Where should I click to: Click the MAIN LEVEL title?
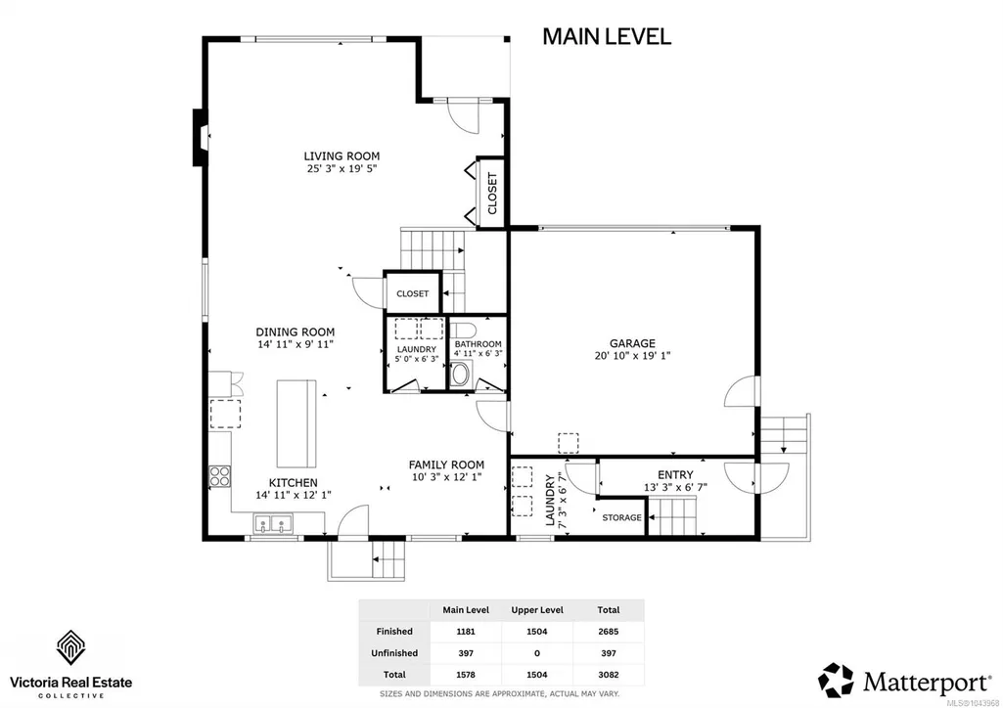607,36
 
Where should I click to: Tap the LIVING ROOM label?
342,155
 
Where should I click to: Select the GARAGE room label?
632,343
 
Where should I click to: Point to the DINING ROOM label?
295,332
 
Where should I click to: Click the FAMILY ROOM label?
446,465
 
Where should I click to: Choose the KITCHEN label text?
293,482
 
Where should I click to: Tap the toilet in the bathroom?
462,330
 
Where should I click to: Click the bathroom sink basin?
459,375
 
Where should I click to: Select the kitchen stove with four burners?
219,476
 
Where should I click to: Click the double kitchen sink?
273,524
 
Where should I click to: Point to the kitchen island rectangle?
296,423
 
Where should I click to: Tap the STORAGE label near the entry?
621,517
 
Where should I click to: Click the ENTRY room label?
675,474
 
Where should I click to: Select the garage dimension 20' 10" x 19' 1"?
632,356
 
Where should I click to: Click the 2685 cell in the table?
609,632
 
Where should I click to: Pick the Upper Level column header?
537,610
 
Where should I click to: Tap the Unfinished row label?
394,653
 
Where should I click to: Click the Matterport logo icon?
836,681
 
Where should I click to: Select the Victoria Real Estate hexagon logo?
71,647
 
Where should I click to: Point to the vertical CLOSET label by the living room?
492,193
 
